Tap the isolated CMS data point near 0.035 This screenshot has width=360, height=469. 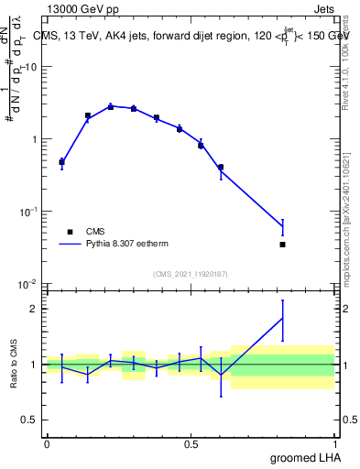283,245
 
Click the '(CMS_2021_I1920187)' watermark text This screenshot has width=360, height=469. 191,274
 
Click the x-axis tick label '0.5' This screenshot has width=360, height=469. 191,444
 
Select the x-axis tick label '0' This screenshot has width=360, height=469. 47,444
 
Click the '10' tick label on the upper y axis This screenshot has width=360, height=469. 31,68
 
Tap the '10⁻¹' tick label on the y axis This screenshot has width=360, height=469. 29,212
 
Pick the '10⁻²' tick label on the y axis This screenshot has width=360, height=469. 29,284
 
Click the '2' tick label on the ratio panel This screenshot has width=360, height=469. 36,309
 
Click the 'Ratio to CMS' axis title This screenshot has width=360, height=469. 14,364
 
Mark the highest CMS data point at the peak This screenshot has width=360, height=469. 111,106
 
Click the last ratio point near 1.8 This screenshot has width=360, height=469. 283,318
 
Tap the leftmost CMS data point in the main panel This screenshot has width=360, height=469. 61,162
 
